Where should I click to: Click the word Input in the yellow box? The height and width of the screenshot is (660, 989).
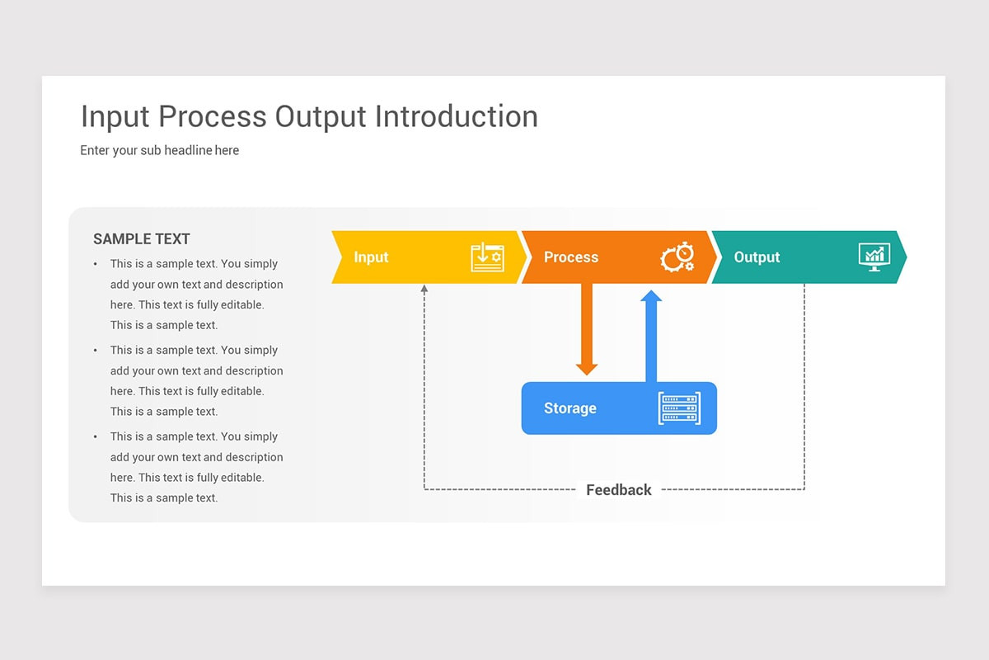(x=371, y=257)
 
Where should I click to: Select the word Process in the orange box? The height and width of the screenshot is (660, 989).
(x=570, y=257)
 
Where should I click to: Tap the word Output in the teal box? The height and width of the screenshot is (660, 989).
(x=757, y=257)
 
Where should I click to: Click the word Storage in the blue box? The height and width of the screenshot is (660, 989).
(x=569, y=408)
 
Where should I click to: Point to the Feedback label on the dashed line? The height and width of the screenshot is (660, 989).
(x=618, y=490)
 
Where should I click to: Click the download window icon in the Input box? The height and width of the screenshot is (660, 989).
(x=486, y=257)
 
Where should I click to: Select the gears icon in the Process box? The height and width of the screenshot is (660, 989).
(x=677, y=257)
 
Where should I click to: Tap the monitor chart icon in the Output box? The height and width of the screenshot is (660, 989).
(x=874, y=257)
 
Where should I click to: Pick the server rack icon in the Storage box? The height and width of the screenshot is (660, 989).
(x=679, y=408)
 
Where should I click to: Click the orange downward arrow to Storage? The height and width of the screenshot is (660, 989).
(x=587, y=330)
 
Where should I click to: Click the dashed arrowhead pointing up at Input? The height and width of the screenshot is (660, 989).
(x=424, y=290)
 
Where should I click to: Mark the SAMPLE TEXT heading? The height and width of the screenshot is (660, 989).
(x=142, y=239)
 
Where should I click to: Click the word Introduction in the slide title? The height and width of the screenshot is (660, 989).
(x=456, y=117)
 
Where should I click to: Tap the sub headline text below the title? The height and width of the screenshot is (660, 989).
(x=160, y=150)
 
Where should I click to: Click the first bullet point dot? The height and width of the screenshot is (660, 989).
(x=95, y=264)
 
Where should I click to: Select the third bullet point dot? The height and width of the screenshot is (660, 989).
(x=95, y=436)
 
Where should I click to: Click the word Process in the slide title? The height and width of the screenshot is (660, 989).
(x=212, y=117)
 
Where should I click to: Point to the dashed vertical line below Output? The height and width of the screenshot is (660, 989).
(x=804, y=388)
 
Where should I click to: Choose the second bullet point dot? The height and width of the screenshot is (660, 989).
(x=95, y=351)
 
